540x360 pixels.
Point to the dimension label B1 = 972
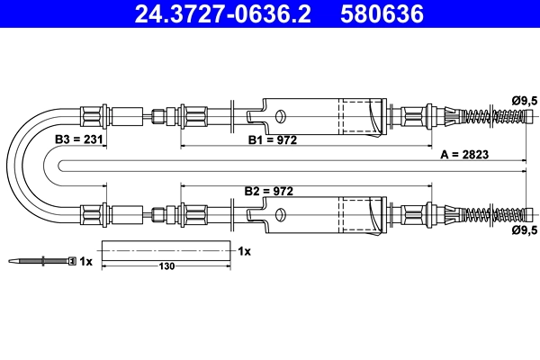[273, 139]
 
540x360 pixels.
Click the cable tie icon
[40, 262]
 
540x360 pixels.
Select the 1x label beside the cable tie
[85, 262]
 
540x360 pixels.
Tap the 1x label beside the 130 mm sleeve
[244, 251]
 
